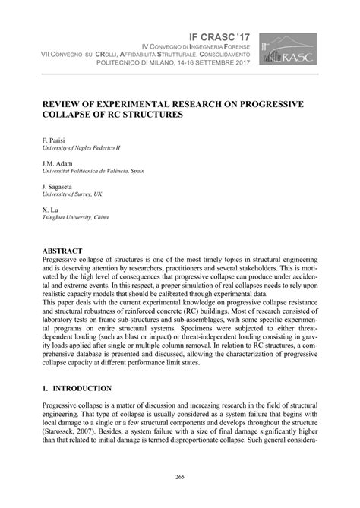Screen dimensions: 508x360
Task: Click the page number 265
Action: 180,477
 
